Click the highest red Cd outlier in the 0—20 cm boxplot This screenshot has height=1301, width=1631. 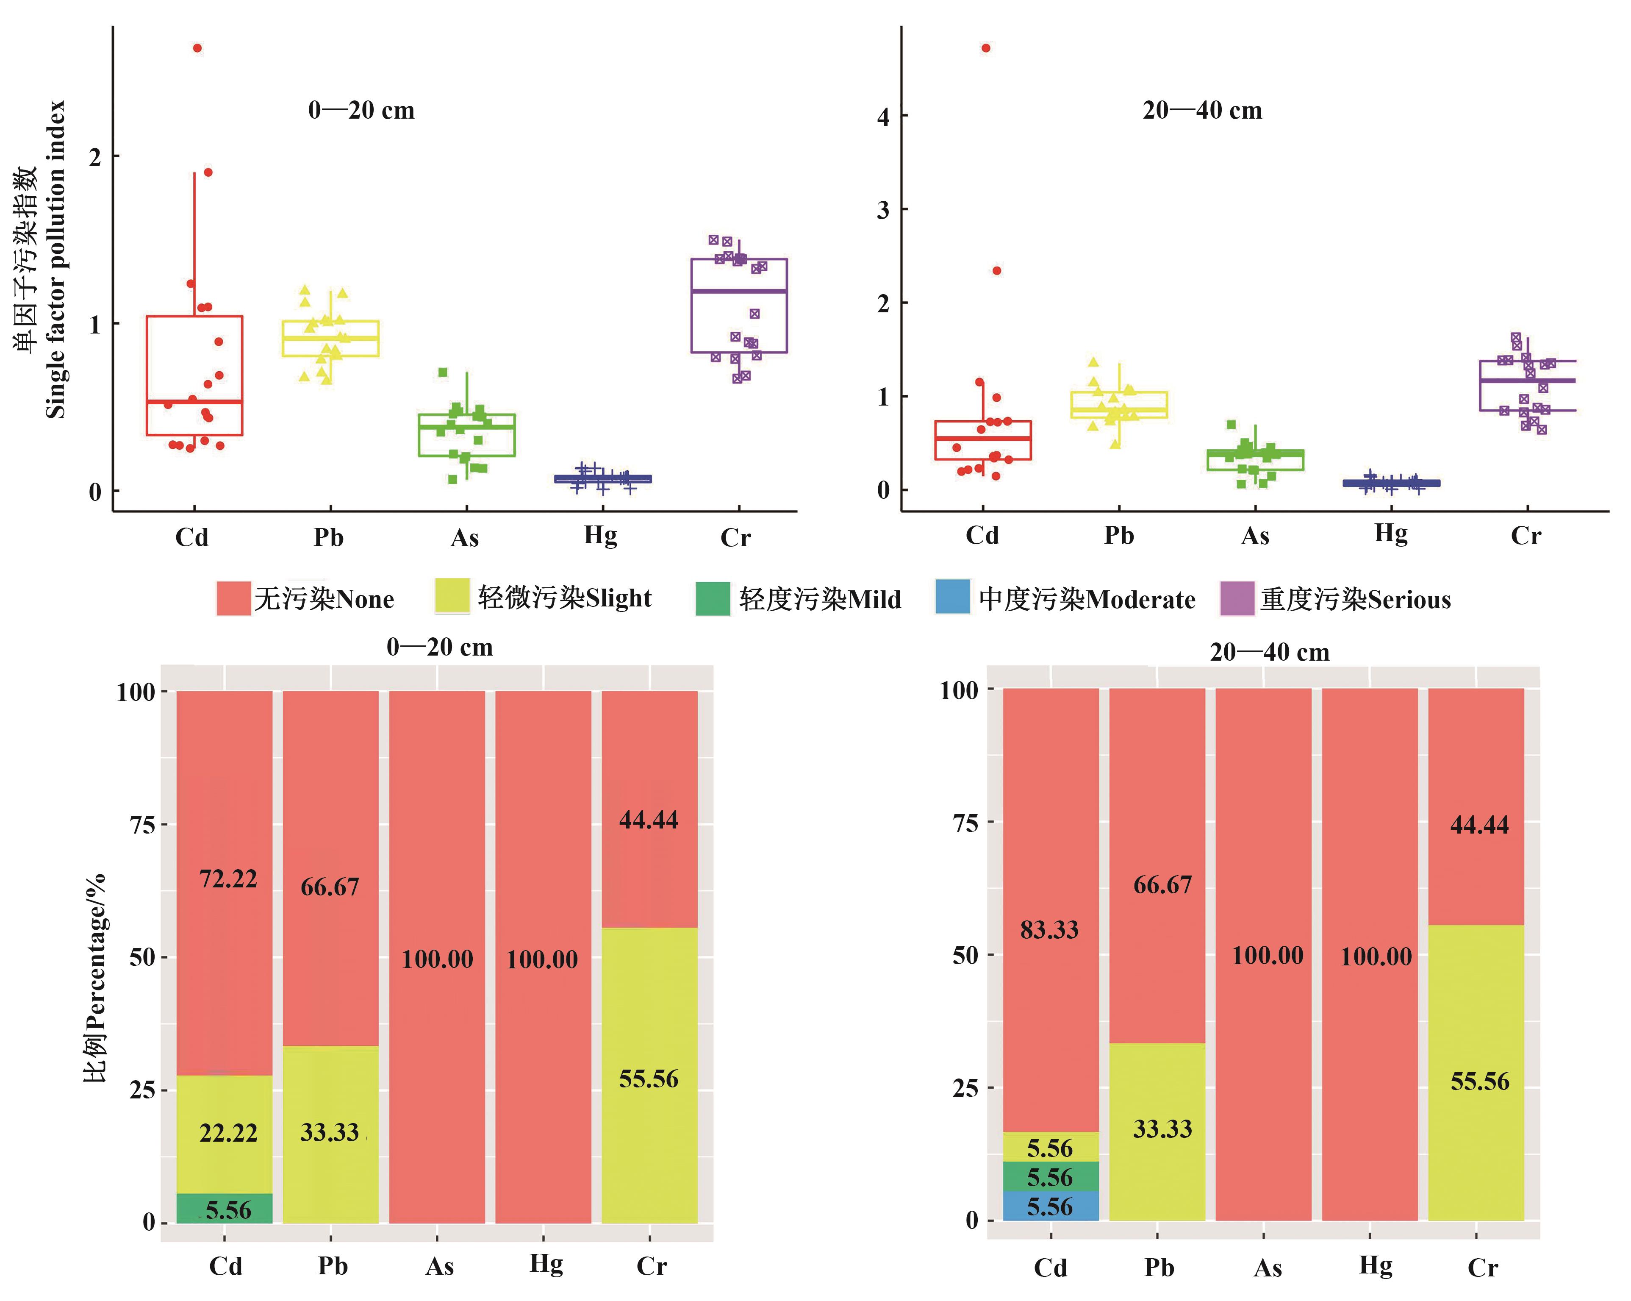point(197,48)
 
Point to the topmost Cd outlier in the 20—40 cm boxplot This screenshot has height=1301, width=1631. point(986,48)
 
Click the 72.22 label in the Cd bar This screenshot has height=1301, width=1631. point(228,878)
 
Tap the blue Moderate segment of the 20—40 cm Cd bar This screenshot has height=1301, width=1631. point(1051,1206)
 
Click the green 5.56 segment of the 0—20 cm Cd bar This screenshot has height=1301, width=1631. point(225,1209)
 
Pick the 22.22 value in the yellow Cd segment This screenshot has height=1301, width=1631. point(228,1133)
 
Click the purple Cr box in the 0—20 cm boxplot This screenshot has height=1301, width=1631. point(739,306)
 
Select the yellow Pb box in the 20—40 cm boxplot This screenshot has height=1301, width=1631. point(1119,405)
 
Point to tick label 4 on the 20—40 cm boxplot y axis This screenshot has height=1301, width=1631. point(883,117)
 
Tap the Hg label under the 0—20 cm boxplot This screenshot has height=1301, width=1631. point(601,535)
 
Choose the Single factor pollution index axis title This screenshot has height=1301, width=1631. point(55,260)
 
